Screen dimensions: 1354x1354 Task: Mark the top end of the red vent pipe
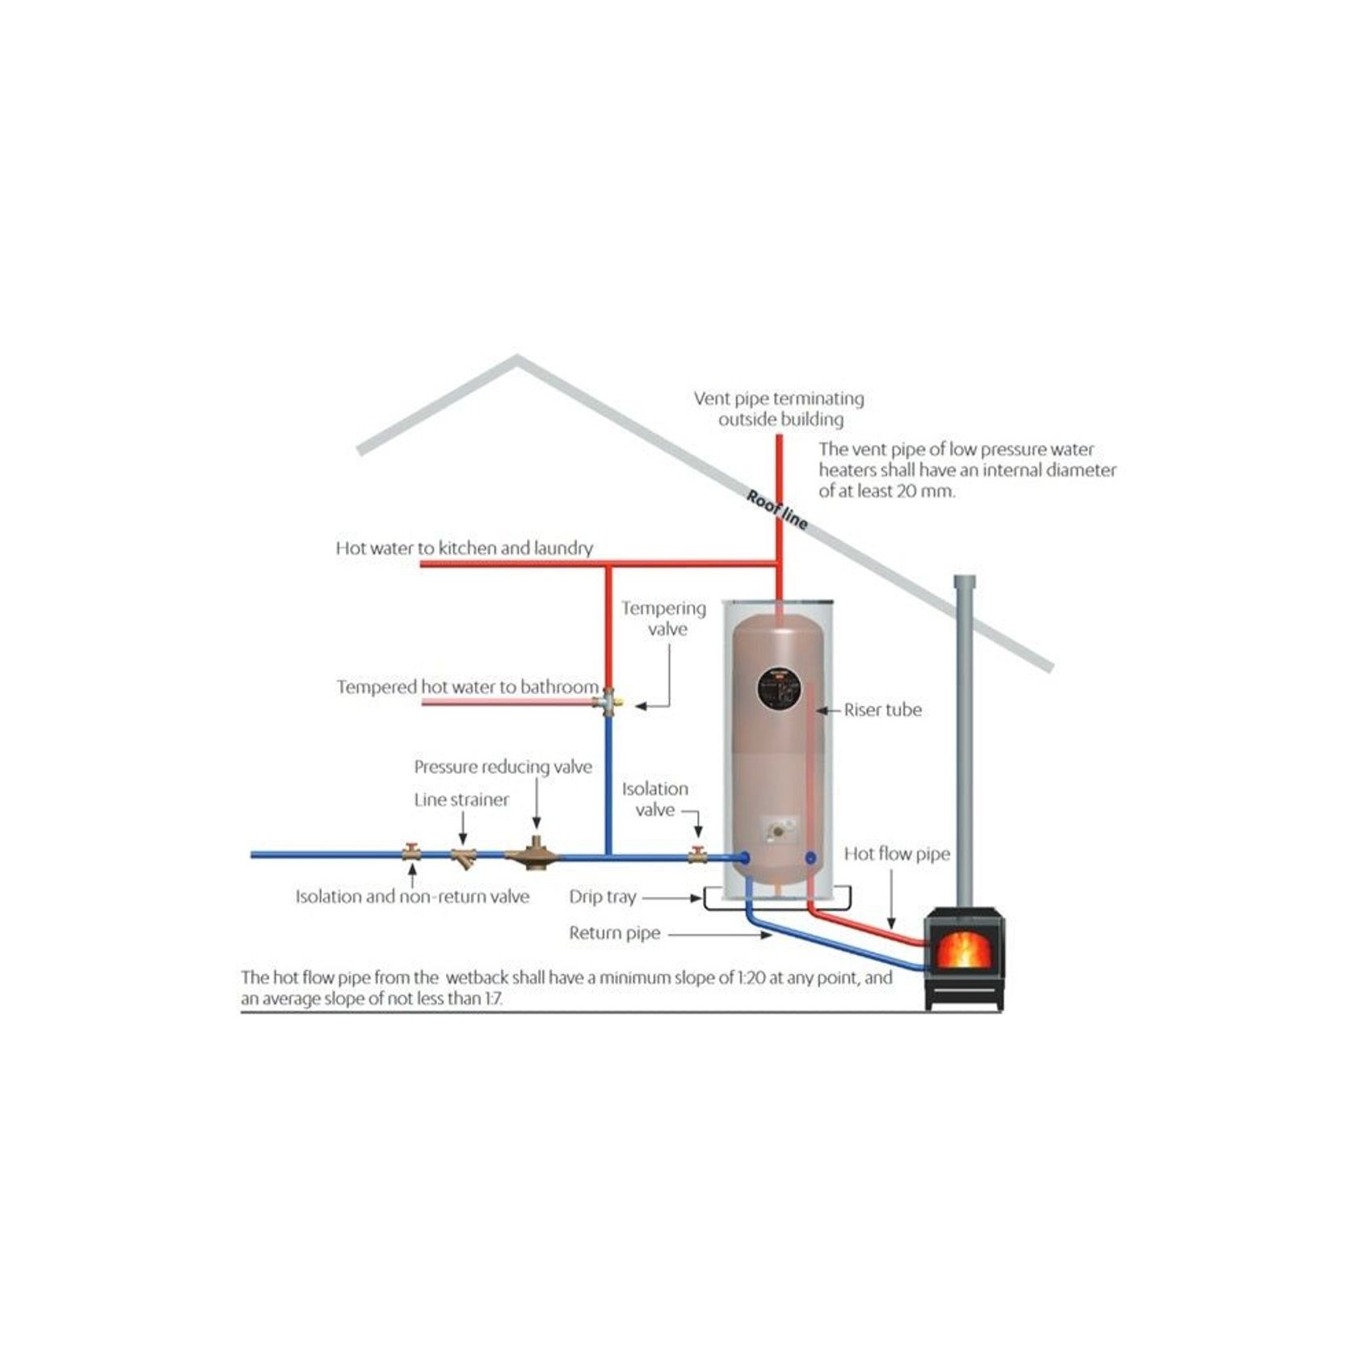click(780, 436)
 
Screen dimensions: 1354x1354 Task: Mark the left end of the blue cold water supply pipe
click(253, 855)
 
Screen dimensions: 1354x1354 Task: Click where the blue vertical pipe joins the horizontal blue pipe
click(608, 856)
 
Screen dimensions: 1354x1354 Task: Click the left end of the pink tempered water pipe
click(423, 702)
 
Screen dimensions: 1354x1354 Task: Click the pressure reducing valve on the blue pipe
click(532, 854)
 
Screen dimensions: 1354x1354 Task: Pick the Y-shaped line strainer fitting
click(464, 856)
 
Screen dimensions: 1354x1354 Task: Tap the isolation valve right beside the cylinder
click(697, 854)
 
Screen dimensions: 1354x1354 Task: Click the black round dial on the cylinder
click(780, 690)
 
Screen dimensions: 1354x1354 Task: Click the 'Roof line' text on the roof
click(776, 510)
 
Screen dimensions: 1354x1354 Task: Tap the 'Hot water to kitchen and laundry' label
click(465, 548)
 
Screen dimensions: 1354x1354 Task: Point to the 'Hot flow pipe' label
click(897, 854)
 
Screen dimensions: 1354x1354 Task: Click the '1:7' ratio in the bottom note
click(492, 999)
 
